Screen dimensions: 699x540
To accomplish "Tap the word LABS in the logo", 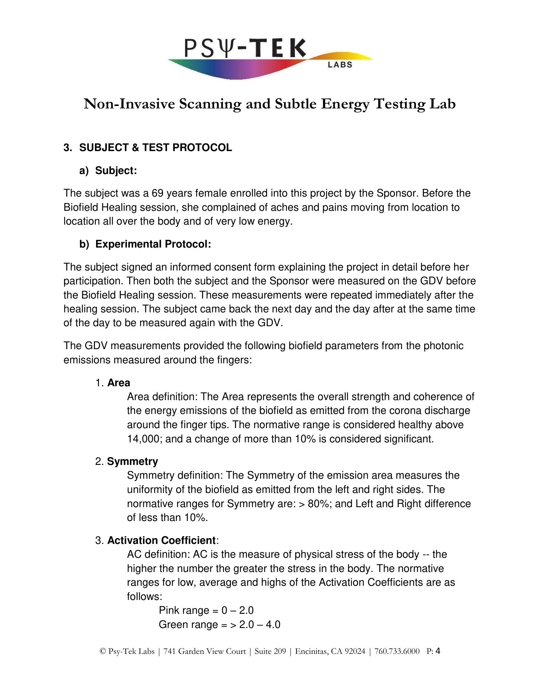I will [340, 65].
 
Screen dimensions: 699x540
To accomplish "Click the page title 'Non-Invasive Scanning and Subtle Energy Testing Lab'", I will [270, 104].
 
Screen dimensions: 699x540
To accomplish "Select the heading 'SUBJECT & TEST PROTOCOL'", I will [155, 148].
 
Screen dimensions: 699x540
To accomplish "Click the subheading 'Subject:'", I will [116, 171].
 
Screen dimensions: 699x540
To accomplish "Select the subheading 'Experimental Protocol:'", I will [153, 244].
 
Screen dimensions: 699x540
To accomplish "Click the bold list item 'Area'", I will [119, 383].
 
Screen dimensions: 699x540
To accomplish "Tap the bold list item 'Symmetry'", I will [132, 462].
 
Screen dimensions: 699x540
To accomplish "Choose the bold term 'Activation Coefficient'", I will [161, 540].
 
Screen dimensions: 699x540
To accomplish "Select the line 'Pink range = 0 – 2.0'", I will [206, 611].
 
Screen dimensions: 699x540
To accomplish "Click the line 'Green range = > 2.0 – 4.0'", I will [219, 625].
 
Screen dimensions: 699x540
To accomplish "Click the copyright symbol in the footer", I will [102, 652].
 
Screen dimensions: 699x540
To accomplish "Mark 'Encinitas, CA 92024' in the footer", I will [330, 651].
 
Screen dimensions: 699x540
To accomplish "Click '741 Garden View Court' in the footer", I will [205, 651].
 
